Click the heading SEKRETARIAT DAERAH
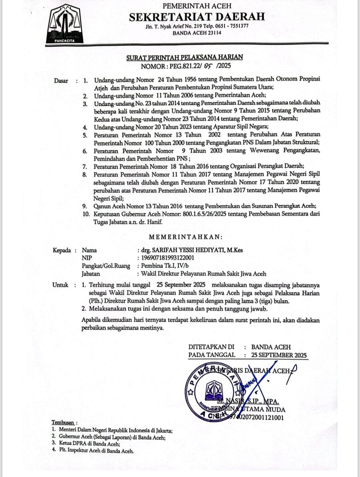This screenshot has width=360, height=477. click(197, 17)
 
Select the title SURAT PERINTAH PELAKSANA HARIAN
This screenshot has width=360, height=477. click(184, 57)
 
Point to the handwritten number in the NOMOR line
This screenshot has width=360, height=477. click(208, 66)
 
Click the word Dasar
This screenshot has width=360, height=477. click(61, 80)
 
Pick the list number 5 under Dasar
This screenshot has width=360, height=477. click(85, 135)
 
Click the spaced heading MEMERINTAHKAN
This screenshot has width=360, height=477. click(185, 237)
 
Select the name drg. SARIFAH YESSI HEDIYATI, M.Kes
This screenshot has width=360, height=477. click(192, 250)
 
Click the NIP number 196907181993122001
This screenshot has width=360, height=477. click(168, 258)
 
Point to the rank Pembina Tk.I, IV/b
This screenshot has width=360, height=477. click(165, 266)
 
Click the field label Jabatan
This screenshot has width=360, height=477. click(91, 274)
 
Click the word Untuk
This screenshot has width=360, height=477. click(60, 285)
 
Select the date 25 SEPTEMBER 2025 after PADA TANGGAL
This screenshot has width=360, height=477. click(279, 355)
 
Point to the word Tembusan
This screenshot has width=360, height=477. click(63, 422)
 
